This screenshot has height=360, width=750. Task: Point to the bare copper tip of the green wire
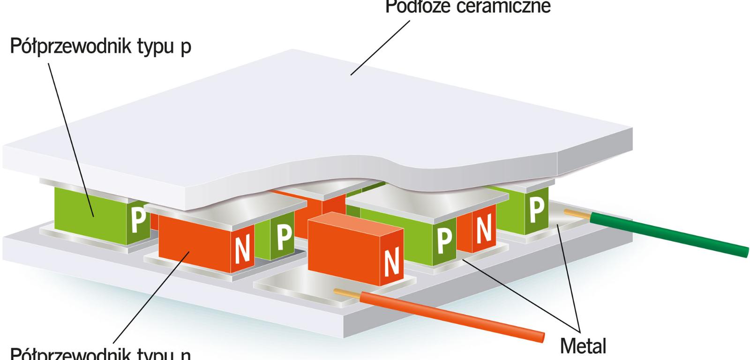(x=577, y=214)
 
